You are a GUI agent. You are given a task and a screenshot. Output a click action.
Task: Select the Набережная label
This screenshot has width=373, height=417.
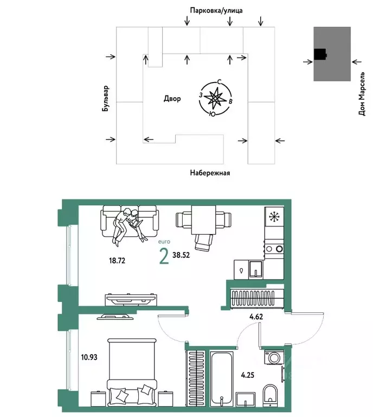210,173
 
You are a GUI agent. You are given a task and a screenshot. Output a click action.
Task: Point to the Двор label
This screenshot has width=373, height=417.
172,99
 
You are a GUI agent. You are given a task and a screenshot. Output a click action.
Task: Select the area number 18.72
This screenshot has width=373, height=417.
118,261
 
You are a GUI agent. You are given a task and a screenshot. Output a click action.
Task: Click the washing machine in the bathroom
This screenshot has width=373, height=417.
272,358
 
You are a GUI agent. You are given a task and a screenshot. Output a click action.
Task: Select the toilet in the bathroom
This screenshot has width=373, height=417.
269,394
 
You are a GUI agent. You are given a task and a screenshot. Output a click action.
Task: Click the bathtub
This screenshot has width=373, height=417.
222,380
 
